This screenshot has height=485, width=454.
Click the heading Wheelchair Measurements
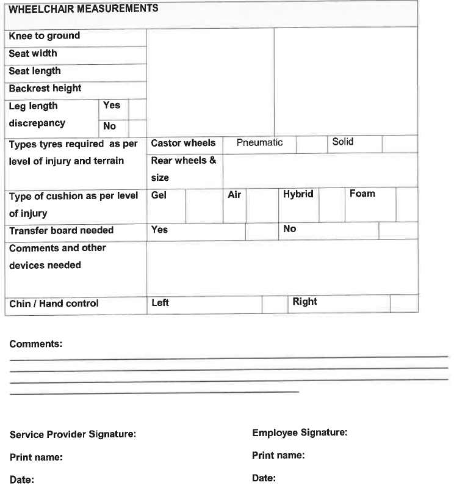click(84, 9)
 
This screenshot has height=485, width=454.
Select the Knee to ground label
click(45, 36)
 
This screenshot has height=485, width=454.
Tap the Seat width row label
click(33, 54)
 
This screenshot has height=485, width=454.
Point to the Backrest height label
click(45, 89)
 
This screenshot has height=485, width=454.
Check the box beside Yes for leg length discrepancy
click(137, 109)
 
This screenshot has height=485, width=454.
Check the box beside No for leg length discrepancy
click(137, 128)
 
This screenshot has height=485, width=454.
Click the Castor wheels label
click(183, 144)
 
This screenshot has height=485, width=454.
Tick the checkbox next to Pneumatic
click(311, 144)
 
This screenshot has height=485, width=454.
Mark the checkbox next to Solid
click(400, 144)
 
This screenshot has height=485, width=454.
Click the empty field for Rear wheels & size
click(320, 170)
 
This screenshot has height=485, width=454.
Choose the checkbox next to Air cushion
click(262, 205)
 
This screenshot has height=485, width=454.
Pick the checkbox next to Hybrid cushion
click(331, 205)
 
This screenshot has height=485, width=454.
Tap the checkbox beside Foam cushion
click(406, 205)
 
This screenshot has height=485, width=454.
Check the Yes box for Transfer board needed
click(262, 231)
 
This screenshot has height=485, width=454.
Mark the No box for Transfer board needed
click(398, 231)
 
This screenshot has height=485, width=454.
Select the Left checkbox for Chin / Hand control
click(275, 304)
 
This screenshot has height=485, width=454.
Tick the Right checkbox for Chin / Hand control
click(403, 304)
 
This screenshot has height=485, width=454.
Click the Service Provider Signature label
click(73, 435)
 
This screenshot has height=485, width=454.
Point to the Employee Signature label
click(300, 433)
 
